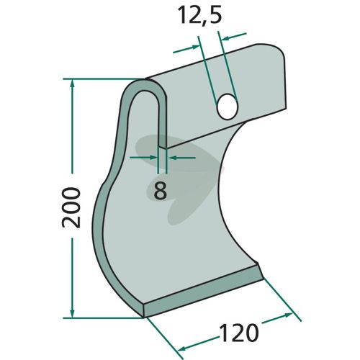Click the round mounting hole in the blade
click(227, 107)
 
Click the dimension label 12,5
click(199, 15)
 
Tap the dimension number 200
click(71, 207)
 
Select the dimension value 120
click(239, 333)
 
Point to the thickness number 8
click(160, 190)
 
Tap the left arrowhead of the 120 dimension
click(184, 348)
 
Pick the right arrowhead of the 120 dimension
click(287, 315)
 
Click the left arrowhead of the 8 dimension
click(153, 158)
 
